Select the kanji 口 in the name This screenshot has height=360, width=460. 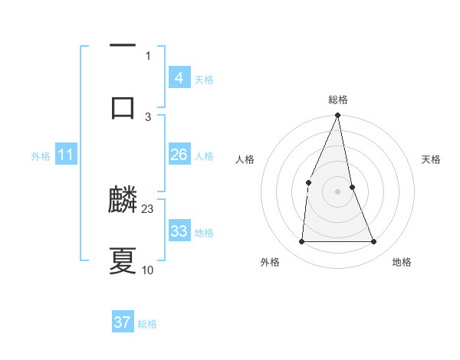[123, 106]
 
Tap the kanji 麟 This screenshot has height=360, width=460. [123, 201]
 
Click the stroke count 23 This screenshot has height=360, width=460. [148, 208]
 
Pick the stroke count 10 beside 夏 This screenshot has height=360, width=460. [148, 270]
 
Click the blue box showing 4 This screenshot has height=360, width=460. [179, 78]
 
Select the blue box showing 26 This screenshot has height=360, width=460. [179, 155]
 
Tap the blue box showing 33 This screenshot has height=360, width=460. [179, 231]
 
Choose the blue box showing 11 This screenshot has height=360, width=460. [66, 155]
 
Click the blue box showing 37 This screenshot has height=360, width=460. [123, 322]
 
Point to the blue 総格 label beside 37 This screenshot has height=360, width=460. [147, 324]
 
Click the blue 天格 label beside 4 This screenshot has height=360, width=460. [204, 80]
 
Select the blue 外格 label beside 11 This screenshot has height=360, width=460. [41, 156]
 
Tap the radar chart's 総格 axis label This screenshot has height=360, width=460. [338, 100]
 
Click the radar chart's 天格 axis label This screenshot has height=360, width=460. [432, 159]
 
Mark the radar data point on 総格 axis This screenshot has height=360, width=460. [338, 116]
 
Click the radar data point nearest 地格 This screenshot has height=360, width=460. [374, 242]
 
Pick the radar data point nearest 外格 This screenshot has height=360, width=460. [301, 242]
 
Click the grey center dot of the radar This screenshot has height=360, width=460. [337, 191]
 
